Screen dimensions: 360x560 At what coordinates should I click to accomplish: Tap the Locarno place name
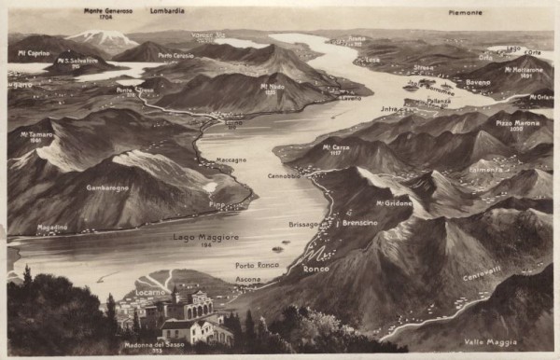(149, 292)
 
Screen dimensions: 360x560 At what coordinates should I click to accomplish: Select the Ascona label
(247, 280)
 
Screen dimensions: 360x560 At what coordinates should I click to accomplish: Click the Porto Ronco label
(257, 265)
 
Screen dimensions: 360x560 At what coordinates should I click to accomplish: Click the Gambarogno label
(106, 187)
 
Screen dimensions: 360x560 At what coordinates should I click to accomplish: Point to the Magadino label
(51, 227)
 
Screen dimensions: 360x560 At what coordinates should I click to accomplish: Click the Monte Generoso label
(107, 11)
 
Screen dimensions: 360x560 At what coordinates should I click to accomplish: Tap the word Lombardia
(167, 10)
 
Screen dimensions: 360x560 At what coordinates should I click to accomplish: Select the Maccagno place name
(231, 159)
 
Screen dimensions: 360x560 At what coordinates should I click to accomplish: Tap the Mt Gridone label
(393, 202)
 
